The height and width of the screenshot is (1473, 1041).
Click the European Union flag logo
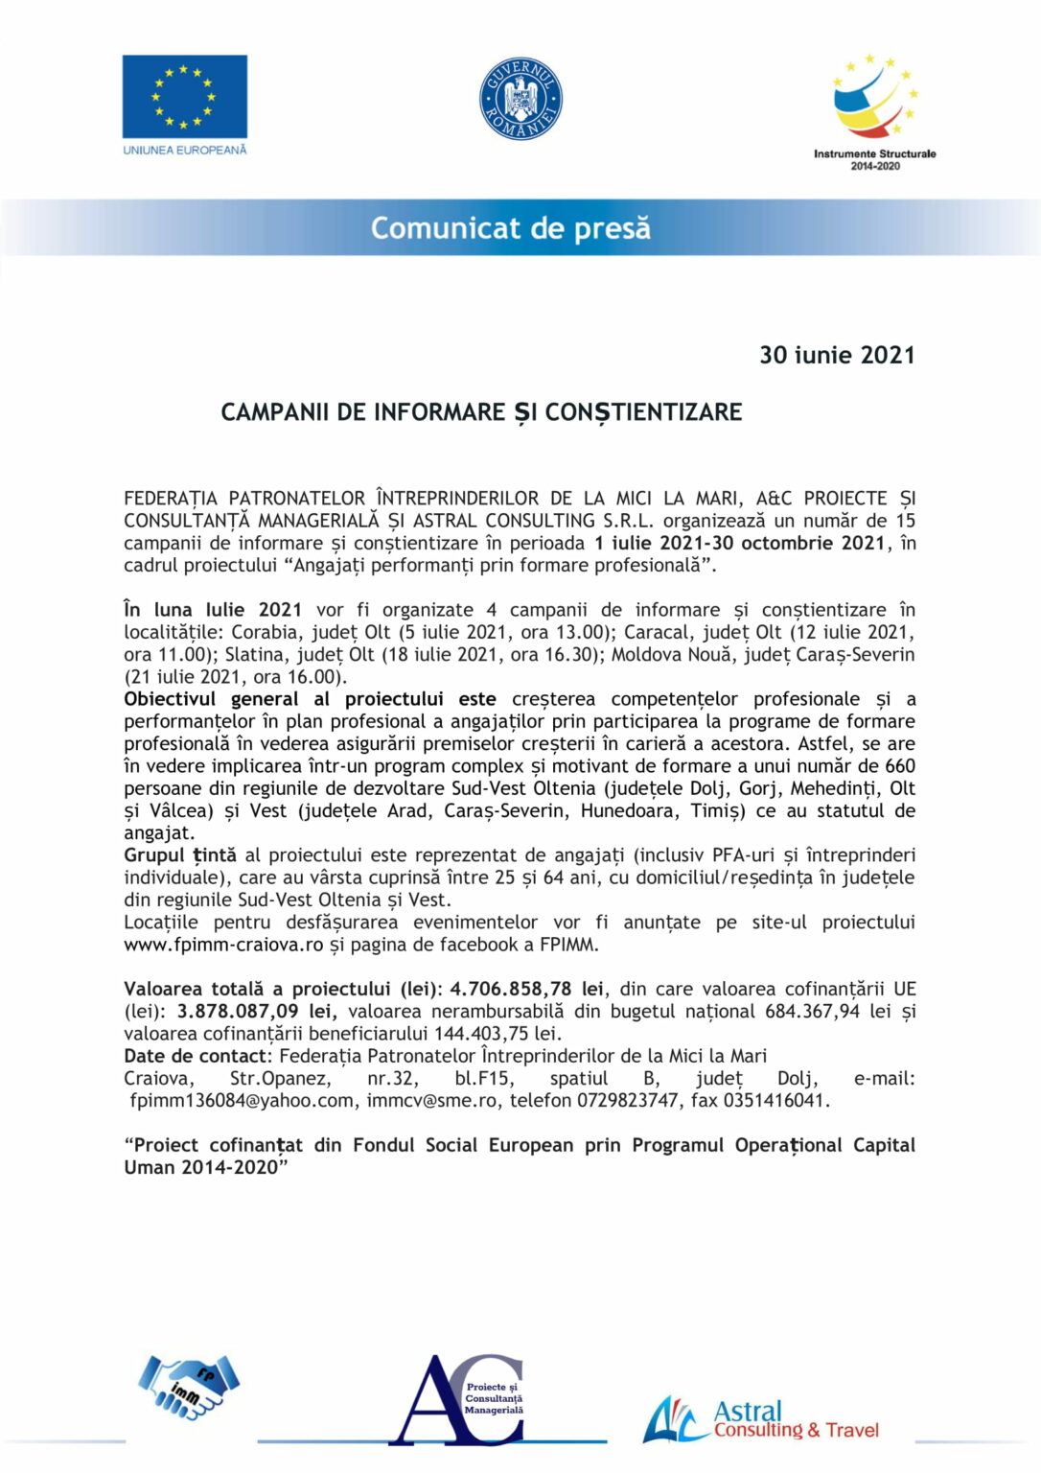point(184,97)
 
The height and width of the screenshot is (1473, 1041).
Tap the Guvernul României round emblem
point(520,99)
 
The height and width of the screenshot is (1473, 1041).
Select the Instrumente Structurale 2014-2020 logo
point(874,111)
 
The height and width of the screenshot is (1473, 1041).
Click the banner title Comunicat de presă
point(510,228)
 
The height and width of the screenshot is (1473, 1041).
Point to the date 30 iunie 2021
point(837,356)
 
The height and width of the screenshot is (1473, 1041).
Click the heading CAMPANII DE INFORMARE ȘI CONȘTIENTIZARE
point(481,412)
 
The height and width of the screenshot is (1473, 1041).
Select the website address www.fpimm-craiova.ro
point(223,945)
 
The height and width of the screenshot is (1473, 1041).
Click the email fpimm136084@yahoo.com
point(243,1100)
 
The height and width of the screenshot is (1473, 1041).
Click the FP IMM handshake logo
point(189,1388)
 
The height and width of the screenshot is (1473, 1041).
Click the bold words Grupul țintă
point(180,855)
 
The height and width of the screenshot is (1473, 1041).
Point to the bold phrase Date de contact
point(197,1056)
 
